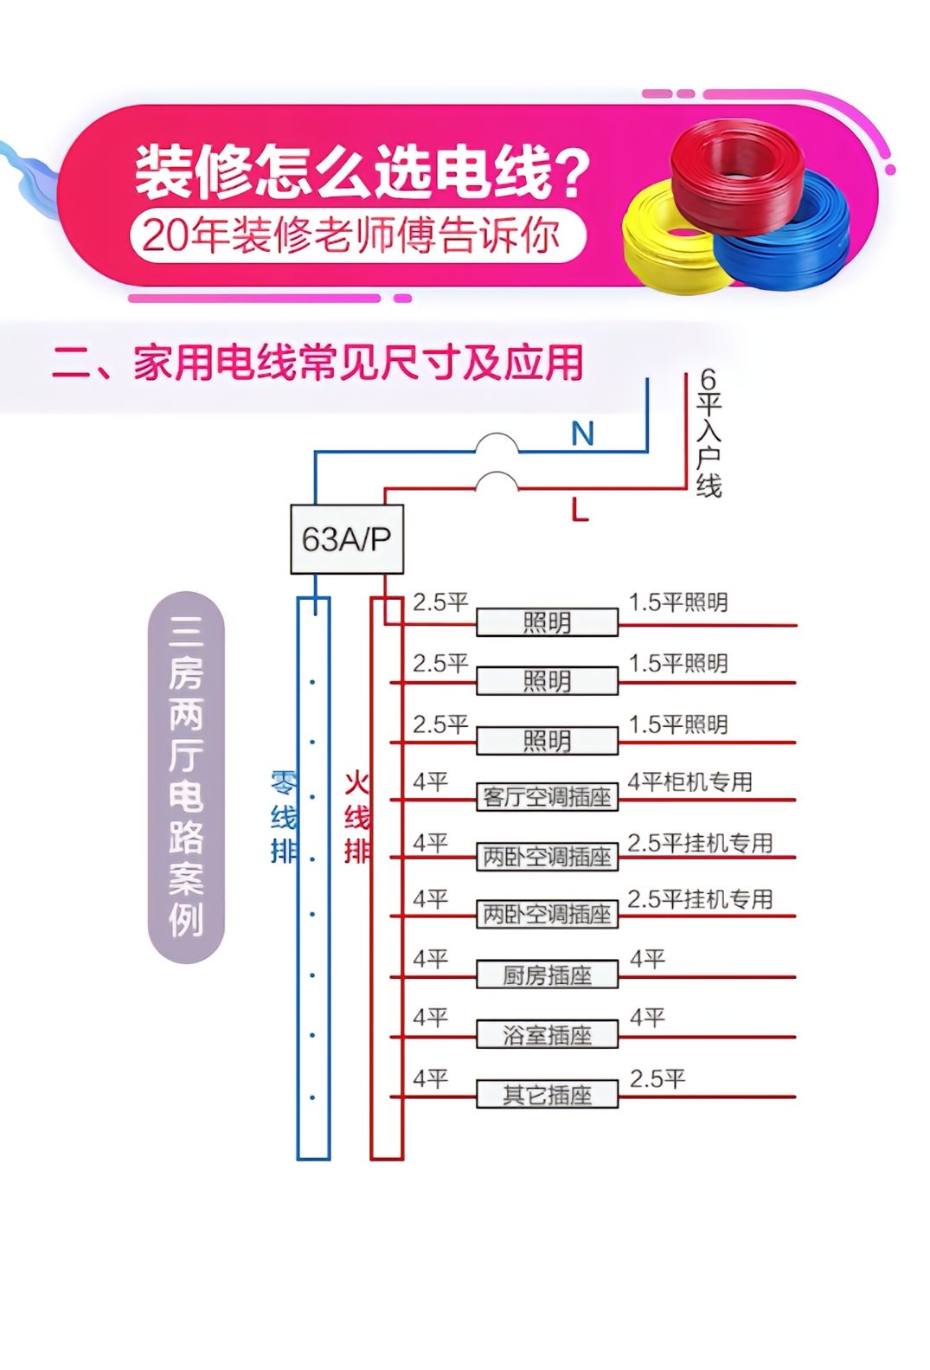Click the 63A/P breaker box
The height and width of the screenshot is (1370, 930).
(x=346, y=539)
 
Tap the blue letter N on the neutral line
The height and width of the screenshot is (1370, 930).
(x=582, y=433)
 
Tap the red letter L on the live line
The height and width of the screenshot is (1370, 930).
(x=580, y=511)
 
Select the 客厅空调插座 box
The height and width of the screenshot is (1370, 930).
(x=547, y=797)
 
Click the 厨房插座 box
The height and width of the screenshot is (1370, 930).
(x=547, y=975)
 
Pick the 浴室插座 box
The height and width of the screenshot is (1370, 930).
(x=547, y=1035)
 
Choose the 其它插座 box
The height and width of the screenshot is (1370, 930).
(x=547, y=1095)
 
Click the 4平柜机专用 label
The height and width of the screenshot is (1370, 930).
(x=689, y=782)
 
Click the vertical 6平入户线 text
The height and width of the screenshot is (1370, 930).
(x=709, y=433)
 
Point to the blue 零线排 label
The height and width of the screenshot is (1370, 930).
(x=283, y=818)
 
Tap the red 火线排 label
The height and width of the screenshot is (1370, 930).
(x=356, y=818)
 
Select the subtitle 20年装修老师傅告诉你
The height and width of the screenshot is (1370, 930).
(x=353, y=235)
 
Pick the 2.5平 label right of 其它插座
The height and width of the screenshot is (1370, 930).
(x=657, y=1079)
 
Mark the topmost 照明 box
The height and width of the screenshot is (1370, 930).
(x=547, y=622)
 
